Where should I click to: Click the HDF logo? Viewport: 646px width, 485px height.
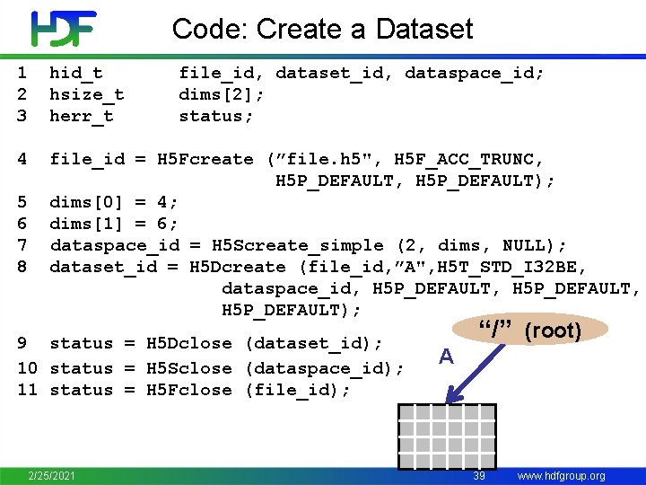[x=63, y=29]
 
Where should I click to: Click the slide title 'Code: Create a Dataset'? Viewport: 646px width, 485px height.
[x=322, y=29]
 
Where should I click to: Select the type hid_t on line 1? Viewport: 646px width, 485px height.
[x=76, y=73]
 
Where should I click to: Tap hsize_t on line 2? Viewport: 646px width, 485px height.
[x=87, y=94]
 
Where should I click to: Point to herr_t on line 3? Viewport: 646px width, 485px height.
[x=82, y=116]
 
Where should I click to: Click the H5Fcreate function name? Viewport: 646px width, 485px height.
[x=205, y=159]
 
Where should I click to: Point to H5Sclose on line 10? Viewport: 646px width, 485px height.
[x=189, y=368]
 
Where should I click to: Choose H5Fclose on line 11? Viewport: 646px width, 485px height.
[x=189, y=390]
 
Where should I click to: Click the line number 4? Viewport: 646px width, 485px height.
[x=22, y=159]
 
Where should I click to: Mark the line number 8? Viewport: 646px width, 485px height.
[x=22, y=267]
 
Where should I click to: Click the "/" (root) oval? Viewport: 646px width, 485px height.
[x=528, y=330]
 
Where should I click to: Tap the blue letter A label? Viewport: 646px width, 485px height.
[x=446, y=357]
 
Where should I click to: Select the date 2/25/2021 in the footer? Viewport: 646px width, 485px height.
[x=51, y=474]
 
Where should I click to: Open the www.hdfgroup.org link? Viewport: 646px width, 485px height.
[x=562, y=475]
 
